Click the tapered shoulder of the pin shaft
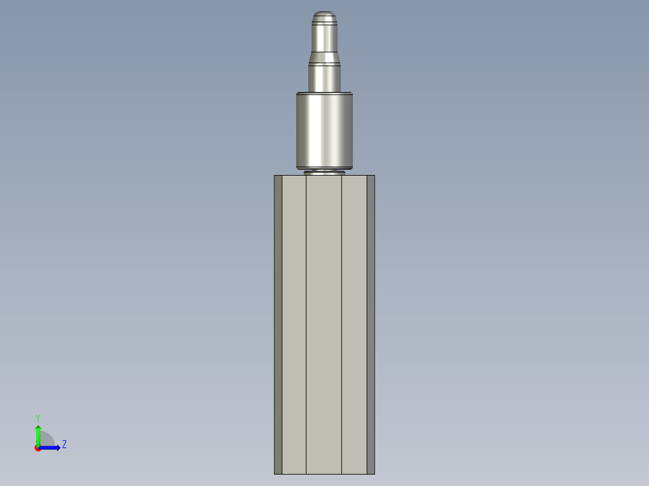[324, 57]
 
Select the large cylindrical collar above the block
[324, 129]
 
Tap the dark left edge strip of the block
[278, 325]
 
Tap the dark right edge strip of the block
[371, 325]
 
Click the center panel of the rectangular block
[324, 325]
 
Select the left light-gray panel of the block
[294, 325]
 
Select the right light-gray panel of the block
[354, 325]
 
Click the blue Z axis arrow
[52, 448]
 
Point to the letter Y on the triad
[38, 417]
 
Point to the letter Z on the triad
[64, 444]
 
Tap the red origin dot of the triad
[37, 448]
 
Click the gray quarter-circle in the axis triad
[46, 440]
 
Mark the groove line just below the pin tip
[324, 22]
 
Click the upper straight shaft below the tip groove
[324, 37]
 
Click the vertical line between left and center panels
[306, 325]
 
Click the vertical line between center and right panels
[342, 325]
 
